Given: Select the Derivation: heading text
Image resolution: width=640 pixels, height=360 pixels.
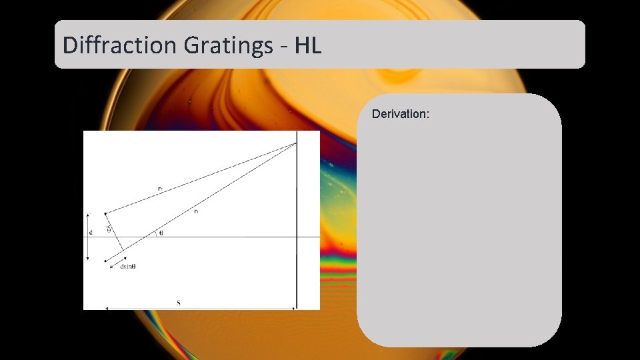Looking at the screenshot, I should click(400, 114).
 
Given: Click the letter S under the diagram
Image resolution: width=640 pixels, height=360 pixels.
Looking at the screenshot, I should click(178, 303).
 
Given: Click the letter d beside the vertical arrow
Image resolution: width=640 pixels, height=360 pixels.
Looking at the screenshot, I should click(90, 233).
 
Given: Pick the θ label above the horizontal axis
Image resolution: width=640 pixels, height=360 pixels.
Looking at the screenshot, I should click(160, 233).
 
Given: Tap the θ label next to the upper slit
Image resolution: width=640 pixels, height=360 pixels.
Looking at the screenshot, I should click(109, 230).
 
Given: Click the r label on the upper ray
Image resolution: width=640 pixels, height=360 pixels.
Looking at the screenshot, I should click(160, 189).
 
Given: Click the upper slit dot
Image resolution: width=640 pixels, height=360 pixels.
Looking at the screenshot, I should click(105, 213).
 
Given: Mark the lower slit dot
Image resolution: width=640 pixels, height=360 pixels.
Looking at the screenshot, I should click(105, 260).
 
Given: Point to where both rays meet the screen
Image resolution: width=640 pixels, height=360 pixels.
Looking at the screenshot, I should click(297, 143).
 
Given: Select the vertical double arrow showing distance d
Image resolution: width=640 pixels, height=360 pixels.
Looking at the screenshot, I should click(87, 237).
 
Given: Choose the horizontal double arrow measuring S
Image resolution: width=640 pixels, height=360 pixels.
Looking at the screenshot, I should click(200, 309).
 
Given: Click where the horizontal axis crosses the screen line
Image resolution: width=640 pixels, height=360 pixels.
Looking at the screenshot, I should click(297, 237).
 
